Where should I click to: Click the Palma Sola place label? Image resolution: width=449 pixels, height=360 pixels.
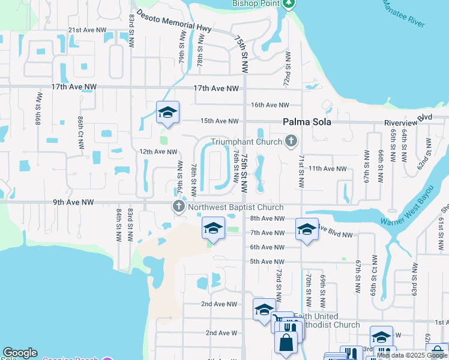pyautogui.click(x=307, y=122)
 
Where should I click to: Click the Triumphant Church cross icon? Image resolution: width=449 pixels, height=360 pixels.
pyautogui.click(x=291, y=142)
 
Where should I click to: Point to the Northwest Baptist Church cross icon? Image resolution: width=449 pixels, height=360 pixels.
pyautogui.click(x=178, y=208)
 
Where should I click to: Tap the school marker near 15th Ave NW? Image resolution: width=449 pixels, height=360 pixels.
pyautogui.click(x=168, y=112)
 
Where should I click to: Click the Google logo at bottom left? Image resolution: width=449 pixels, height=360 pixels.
pyautogui.click(x=20, y=353)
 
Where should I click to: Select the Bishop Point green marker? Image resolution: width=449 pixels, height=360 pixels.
pyautogui.click(x=289, y=4)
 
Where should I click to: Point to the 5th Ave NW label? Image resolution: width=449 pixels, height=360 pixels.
pyautogui.click(x=267, y=262)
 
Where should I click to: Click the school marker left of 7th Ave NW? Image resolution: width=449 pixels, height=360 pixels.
pyautogui.click(x=213, y=229)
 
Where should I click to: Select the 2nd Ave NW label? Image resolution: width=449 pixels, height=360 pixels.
pyautogui.click(x=219, y=304)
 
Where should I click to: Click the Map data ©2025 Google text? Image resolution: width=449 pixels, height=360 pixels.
pyautogui.click(x=412, y=355)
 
